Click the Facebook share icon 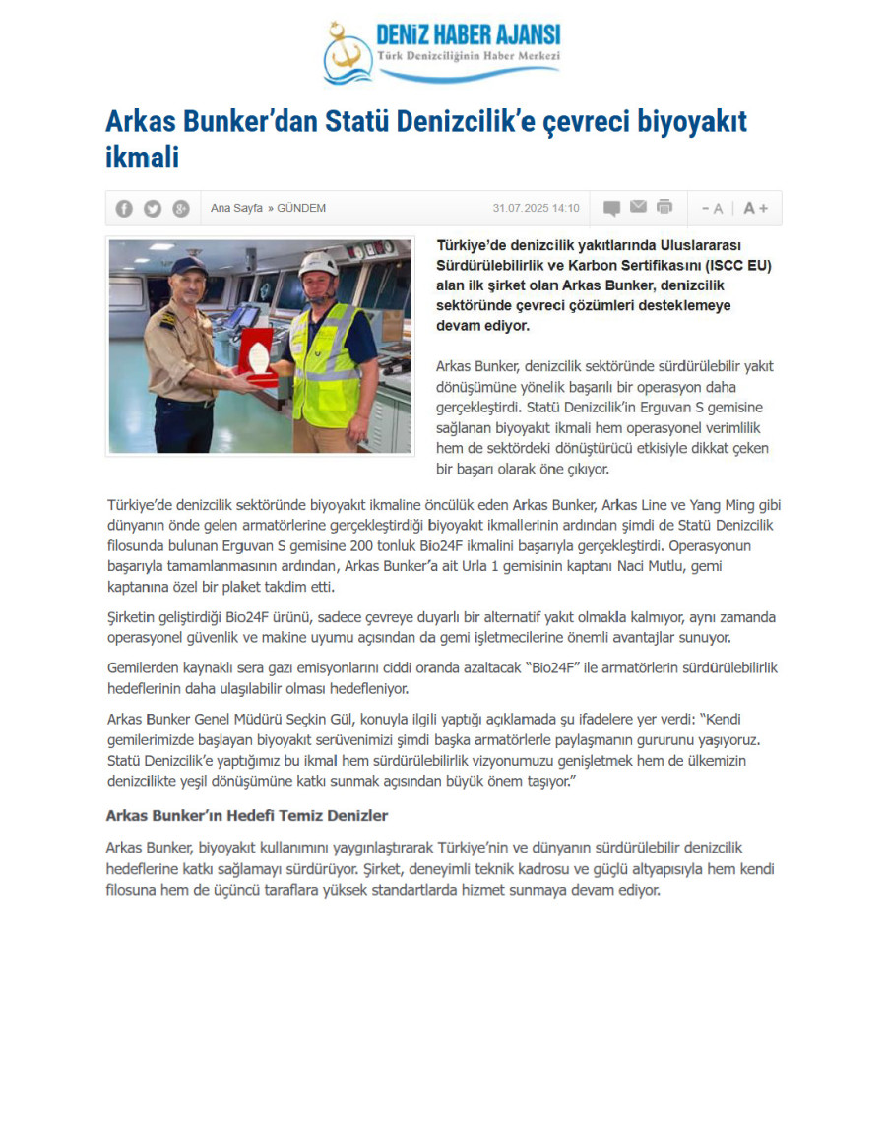click(x=124, y=208)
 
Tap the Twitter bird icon click(x=153, y=208)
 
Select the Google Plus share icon click(x=180, y=208)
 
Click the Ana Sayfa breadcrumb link click(x=236, y=208)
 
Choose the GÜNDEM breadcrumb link click(x=301, y=208)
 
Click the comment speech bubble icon click(x=611, y=208)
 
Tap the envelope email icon click(x=638, y=207)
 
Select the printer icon click(x=664, y=207)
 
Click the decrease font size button click(x=712, y=208)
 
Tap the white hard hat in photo click(x=319, y=263)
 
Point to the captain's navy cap click(x=188, y=266)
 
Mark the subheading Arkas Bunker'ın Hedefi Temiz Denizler click(x=247, y=815)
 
